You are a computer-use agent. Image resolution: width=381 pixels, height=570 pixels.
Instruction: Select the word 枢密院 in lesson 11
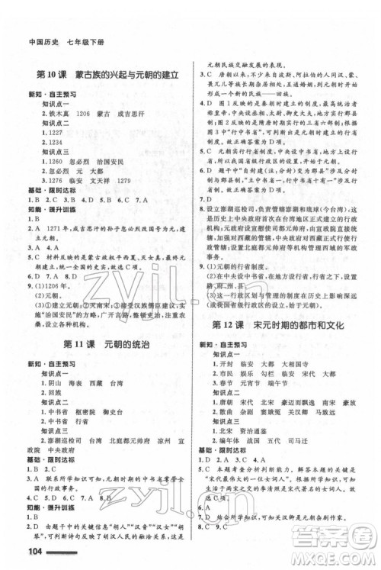click(85, 411)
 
